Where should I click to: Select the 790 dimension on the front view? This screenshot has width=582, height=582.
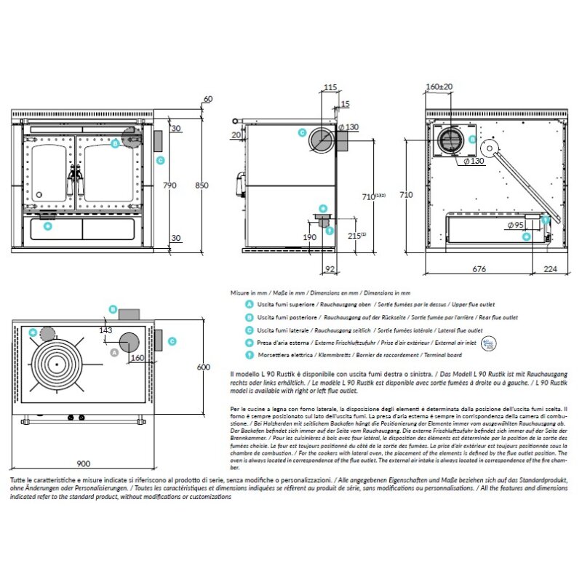coord(169,186)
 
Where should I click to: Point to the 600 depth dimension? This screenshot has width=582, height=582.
coord(204,367)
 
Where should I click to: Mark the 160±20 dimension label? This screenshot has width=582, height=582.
coord(439,87)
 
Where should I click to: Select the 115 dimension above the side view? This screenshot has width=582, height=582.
coord(330,87)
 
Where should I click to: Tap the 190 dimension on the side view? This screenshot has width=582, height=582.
coord(310,237)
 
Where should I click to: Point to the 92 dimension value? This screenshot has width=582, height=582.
coord(329,268)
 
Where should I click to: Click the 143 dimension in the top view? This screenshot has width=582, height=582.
coord(105,330)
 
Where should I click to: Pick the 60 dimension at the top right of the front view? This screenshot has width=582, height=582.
coord(209,98)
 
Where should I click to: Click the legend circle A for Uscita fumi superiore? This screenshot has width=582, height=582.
coord(250,306)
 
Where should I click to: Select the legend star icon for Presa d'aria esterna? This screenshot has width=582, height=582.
coord(250,342)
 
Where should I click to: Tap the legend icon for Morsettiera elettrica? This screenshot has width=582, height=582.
coord(250,354)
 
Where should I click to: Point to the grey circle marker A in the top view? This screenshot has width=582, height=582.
coord(113,352)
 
